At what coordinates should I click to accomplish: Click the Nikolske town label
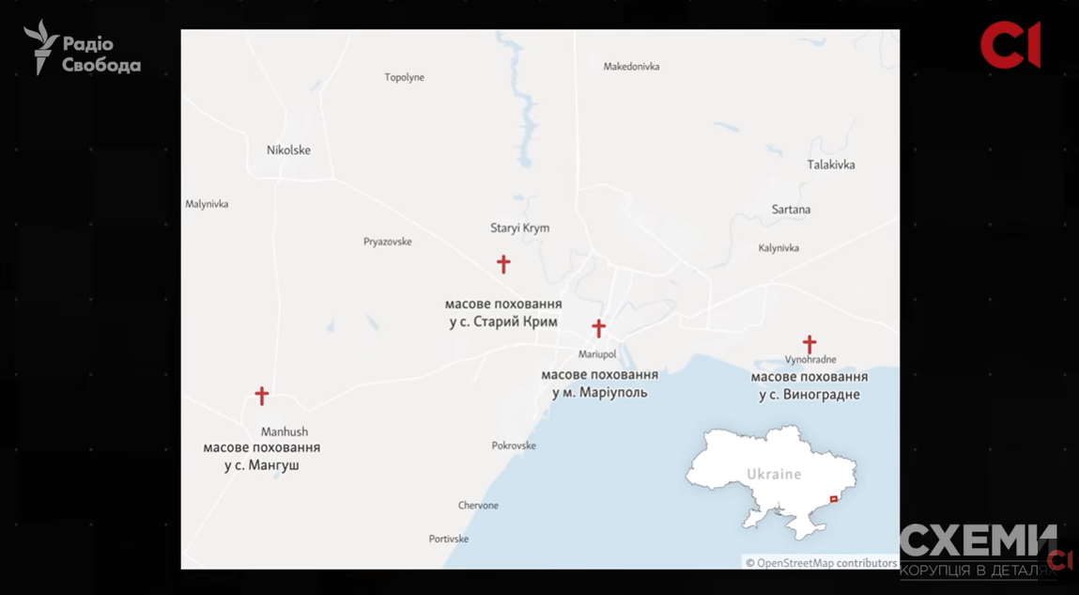click(288, 150)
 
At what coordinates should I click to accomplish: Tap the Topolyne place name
click(404, 77)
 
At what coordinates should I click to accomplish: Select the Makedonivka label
click(631, 67)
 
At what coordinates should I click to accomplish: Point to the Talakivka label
click(830, 164)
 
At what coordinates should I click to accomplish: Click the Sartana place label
click(791, 210)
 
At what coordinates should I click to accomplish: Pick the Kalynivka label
click(778, 248)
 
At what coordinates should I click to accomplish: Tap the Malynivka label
click(207, 204)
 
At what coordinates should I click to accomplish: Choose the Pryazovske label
click(387, 242)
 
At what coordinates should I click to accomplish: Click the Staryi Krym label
click(519, 227)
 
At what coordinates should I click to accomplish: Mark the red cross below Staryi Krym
click(503, 264)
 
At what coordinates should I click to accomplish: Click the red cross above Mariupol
click(598, 328)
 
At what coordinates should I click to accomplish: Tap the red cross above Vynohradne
click(809, 344)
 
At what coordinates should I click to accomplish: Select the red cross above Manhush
click(262, 396)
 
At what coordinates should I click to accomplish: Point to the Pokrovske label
click(514, 446)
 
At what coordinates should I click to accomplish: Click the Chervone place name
click(478, 506)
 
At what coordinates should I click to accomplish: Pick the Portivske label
click(448, 539)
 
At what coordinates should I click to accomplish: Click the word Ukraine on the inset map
click(774, 474)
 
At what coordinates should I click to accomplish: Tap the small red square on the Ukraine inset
click(833, 499)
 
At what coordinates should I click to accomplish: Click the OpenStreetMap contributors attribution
click(821, 563)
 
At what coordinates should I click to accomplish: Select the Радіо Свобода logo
click(83, 49)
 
